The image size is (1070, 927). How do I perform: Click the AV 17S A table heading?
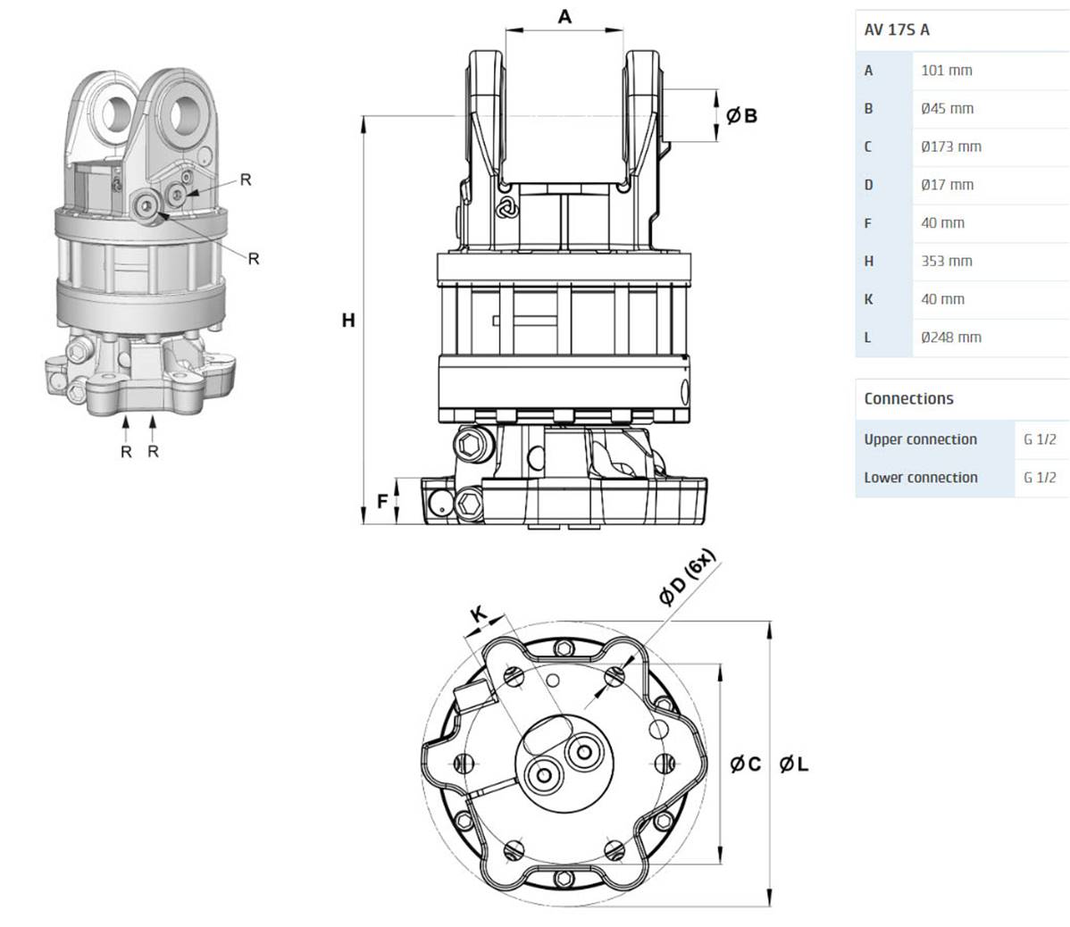tap(897, 29)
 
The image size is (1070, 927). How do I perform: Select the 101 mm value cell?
tap(946, 70)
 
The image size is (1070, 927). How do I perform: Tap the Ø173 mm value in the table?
tap(950, 146)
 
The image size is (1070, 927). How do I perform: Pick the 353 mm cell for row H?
tap(946, 261)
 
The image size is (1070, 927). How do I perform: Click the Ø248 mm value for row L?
tap(950, 338)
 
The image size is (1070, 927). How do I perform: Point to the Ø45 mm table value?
tap(947, 108)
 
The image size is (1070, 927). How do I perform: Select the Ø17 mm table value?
tap(947, 185)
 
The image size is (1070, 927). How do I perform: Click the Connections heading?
tap(908, 398)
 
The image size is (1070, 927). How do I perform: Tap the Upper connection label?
tap(920, 438)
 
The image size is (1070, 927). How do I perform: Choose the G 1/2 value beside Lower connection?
tap(1040, 477)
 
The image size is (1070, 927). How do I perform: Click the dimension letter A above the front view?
tap(564, 16)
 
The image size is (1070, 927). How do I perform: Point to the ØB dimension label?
tap(741, 115)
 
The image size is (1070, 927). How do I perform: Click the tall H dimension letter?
tap(348, 320)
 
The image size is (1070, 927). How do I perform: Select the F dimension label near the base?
tap(382, 501)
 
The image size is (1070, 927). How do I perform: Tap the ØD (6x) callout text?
tap(688, 578)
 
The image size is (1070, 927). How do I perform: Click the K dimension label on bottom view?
tap(479, 614)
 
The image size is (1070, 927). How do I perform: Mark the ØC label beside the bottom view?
tap(745, 764)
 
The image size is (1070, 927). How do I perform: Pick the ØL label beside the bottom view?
tap(793, 764)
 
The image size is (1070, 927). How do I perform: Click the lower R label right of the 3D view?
tap(254, 259)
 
